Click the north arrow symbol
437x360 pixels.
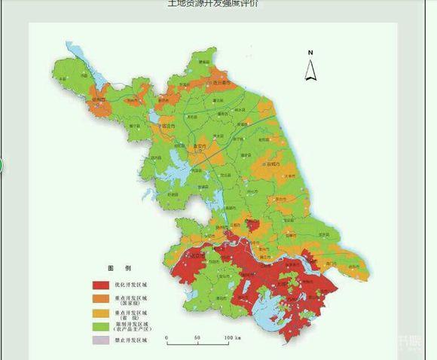tap(310, 70)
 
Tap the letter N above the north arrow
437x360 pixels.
tap(310, 53)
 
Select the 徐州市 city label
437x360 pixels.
tap(96, 99)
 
